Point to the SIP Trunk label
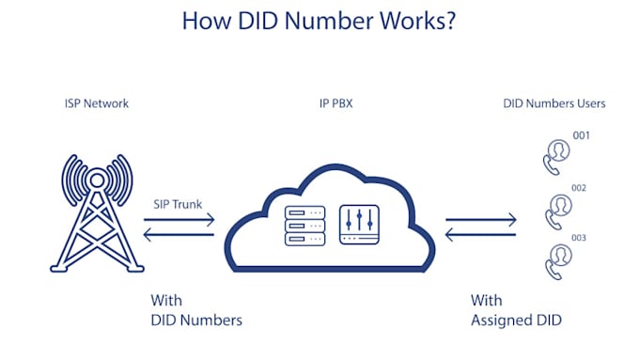coord(178,204)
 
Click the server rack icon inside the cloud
coord(304,227)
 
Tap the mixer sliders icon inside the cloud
coord(359,227)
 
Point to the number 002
coord(580,188)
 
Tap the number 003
coord(579,239)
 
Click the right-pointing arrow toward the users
coord(481,220)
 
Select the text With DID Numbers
coord(196,311)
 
